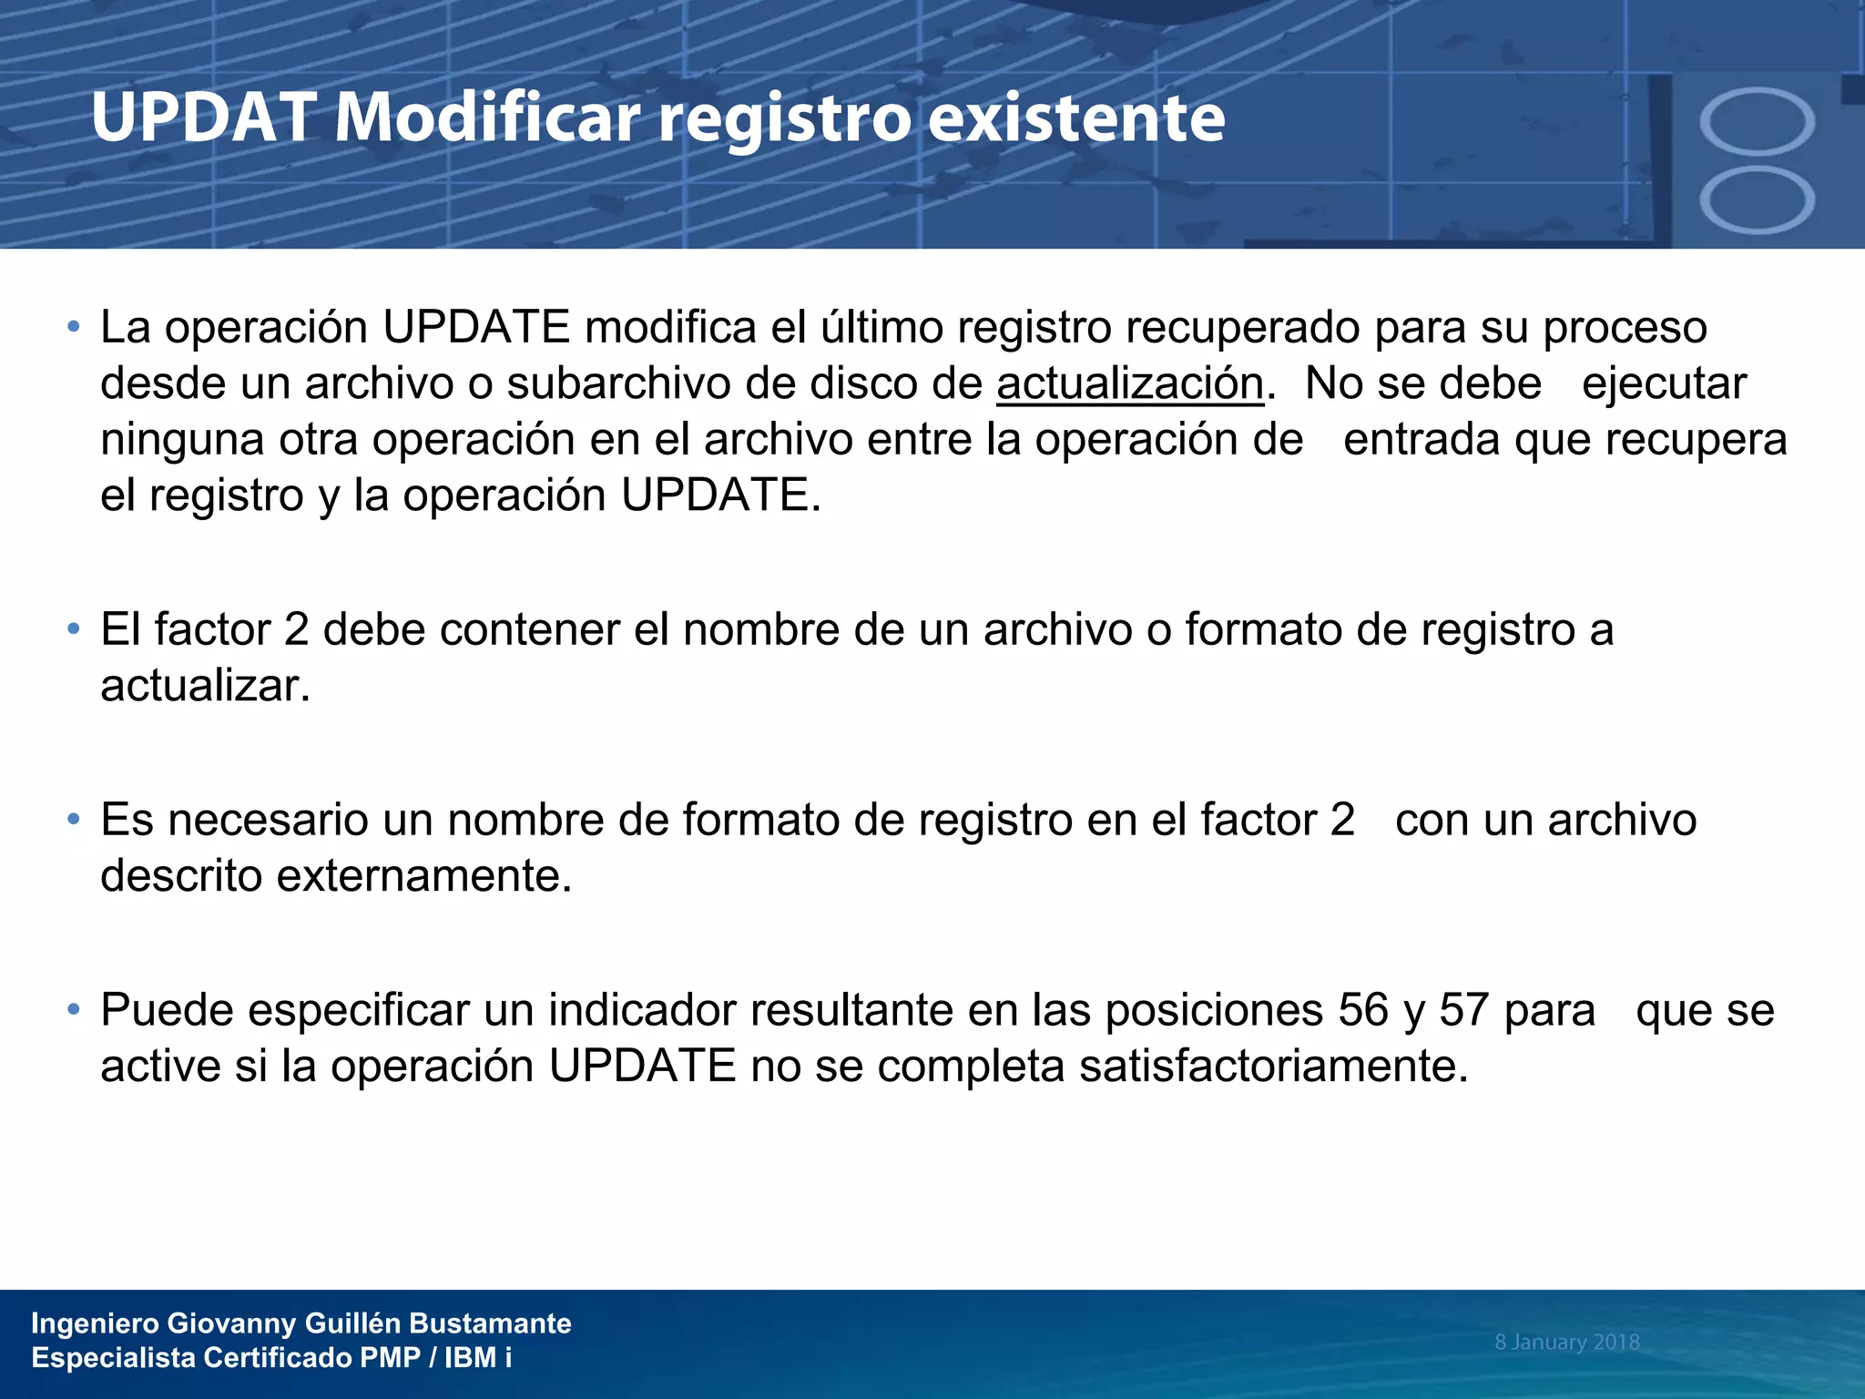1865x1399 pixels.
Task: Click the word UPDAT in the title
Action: pyautogui.click(x=203, y=118)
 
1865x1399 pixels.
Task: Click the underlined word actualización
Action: pyautogui.click(x=1130, y=383)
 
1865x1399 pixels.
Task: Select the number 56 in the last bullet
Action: pyautogui.click(x=1363, y=1010)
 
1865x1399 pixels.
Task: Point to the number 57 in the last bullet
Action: pyautogui.click(x=1464, y=1010)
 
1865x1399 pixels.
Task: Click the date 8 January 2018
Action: pyautogui.click(x=1566, y=1342)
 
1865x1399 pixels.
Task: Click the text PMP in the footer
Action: pyautogui.click(x=390, y=1358)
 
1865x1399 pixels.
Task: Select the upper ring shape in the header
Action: pyautogui.click(x=1757, y=121)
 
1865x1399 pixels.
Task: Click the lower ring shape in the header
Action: pyautogui.click(x=1757, y=199)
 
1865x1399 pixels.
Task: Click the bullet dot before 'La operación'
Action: pyautogui.click(x=74, y=327)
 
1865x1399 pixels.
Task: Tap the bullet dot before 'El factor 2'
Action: pyautogui.click(x=74, y=629)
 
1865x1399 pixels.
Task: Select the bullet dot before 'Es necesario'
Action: pyautogui.click(x=74, y=820)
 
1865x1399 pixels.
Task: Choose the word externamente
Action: pyautogui.click(x=423, y=876)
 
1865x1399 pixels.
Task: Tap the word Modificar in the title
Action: pyautogui.click(x=487, y=118)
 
